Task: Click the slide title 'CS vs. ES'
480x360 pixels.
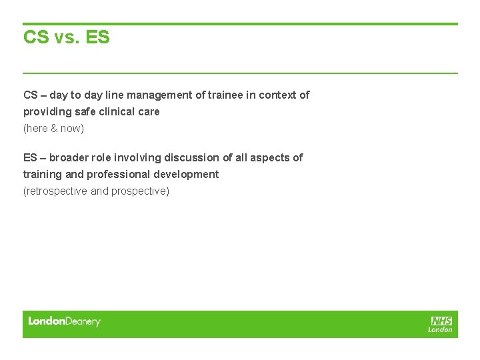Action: point(66,37)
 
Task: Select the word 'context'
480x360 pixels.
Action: point(277,95)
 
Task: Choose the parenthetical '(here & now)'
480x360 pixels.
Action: point(53,128)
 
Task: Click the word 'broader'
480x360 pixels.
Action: point(69,158)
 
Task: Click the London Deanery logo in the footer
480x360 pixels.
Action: point(64,322)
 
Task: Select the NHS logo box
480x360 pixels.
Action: point(441,321)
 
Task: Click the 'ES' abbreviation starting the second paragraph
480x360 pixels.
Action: point(30,158)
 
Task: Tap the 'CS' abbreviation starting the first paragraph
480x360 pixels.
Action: point(30,95)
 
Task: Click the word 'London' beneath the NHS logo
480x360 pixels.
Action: point(440,329)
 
